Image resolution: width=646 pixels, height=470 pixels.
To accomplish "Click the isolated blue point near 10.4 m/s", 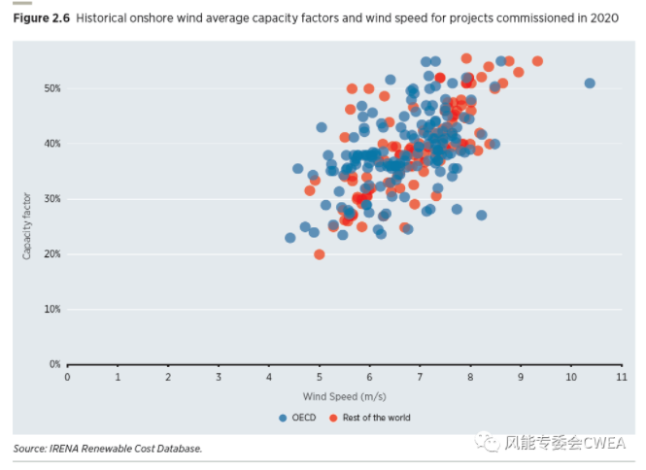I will click(x=590, y=84).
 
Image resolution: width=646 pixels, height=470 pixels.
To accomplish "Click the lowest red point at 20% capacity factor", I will click(x=320, y=254).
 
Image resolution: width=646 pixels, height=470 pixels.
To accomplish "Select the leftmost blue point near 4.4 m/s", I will click(x=289, y=238).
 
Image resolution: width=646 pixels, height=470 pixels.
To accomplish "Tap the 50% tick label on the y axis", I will click(x=51, y=88).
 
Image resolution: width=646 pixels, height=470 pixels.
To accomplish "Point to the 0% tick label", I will click(x=53, y=364).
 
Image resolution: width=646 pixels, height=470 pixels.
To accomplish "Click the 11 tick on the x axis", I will click(x=621, y=378).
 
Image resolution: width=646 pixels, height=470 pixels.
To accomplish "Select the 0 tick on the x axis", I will click(x=67, y=378).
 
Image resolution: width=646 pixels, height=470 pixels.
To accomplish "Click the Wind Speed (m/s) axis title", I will click(x=345, y=396).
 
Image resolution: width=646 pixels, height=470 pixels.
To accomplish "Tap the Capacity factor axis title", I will click(x=27, y=225).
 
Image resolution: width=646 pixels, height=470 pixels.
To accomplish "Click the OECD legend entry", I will click(x=300, y=418).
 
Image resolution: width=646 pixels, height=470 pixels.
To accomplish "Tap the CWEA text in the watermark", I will click(x=606, y=443).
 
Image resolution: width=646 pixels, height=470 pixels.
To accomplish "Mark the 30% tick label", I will click(x=51, y=199).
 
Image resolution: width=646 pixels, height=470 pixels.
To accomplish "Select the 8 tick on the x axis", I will click(x=470, y=378).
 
